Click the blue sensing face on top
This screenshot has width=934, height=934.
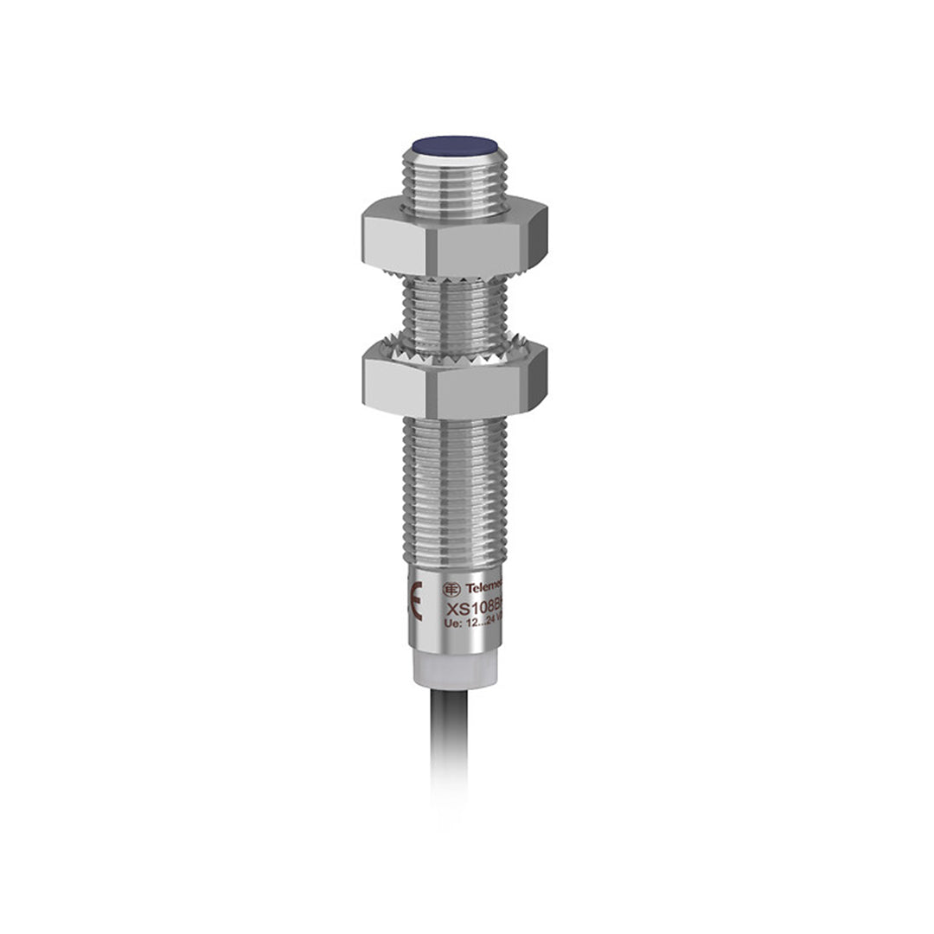pos(454,145)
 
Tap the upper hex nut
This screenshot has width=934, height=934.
pos(454,236)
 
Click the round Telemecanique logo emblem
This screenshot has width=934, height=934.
pos(451,589)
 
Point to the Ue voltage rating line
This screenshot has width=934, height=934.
pos(474,624)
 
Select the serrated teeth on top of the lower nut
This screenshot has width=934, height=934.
pos(454,349)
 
